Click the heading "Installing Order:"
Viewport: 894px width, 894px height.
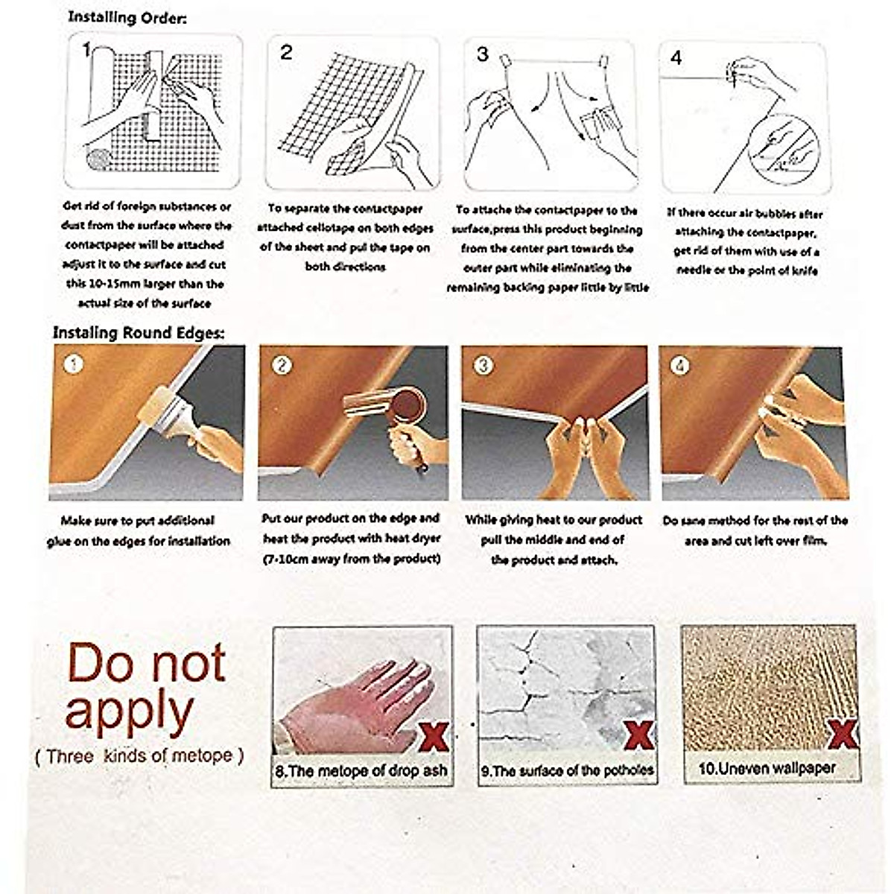127,17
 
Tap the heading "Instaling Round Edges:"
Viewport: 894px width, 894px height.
138,333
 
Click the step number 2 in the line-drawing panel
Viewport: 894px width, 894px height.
287,54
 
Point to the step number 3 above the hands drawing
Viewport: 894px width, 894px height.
483,54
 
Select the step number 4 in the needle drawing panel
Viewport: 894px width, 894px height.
676,57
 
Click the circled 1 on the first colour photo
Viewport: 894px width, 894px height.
73,364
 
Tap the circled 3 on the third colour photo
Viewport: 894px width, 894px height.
484,365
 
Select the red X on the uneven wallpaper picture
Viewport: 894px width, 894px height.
840,734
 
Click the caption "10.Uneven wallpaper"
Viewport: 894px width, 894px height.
767,768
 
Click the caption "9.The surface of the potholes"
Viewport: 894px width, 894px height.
567,770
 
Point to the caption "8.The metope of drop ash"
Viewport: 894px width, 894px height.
361,770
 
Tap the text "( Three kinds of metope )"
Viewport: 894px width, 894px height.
139,755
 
